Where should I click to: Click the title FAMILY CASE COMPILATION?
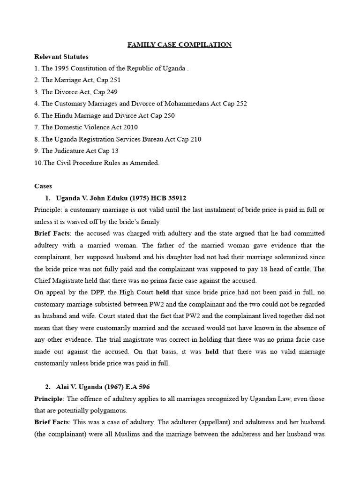(x=180, y=45)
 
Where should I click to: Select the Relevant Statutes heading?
(x=61, y=57)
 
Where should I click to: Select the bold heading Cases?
(x=43, y=186)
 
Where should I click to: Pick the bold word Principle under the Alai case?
(x=48, y=398)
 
